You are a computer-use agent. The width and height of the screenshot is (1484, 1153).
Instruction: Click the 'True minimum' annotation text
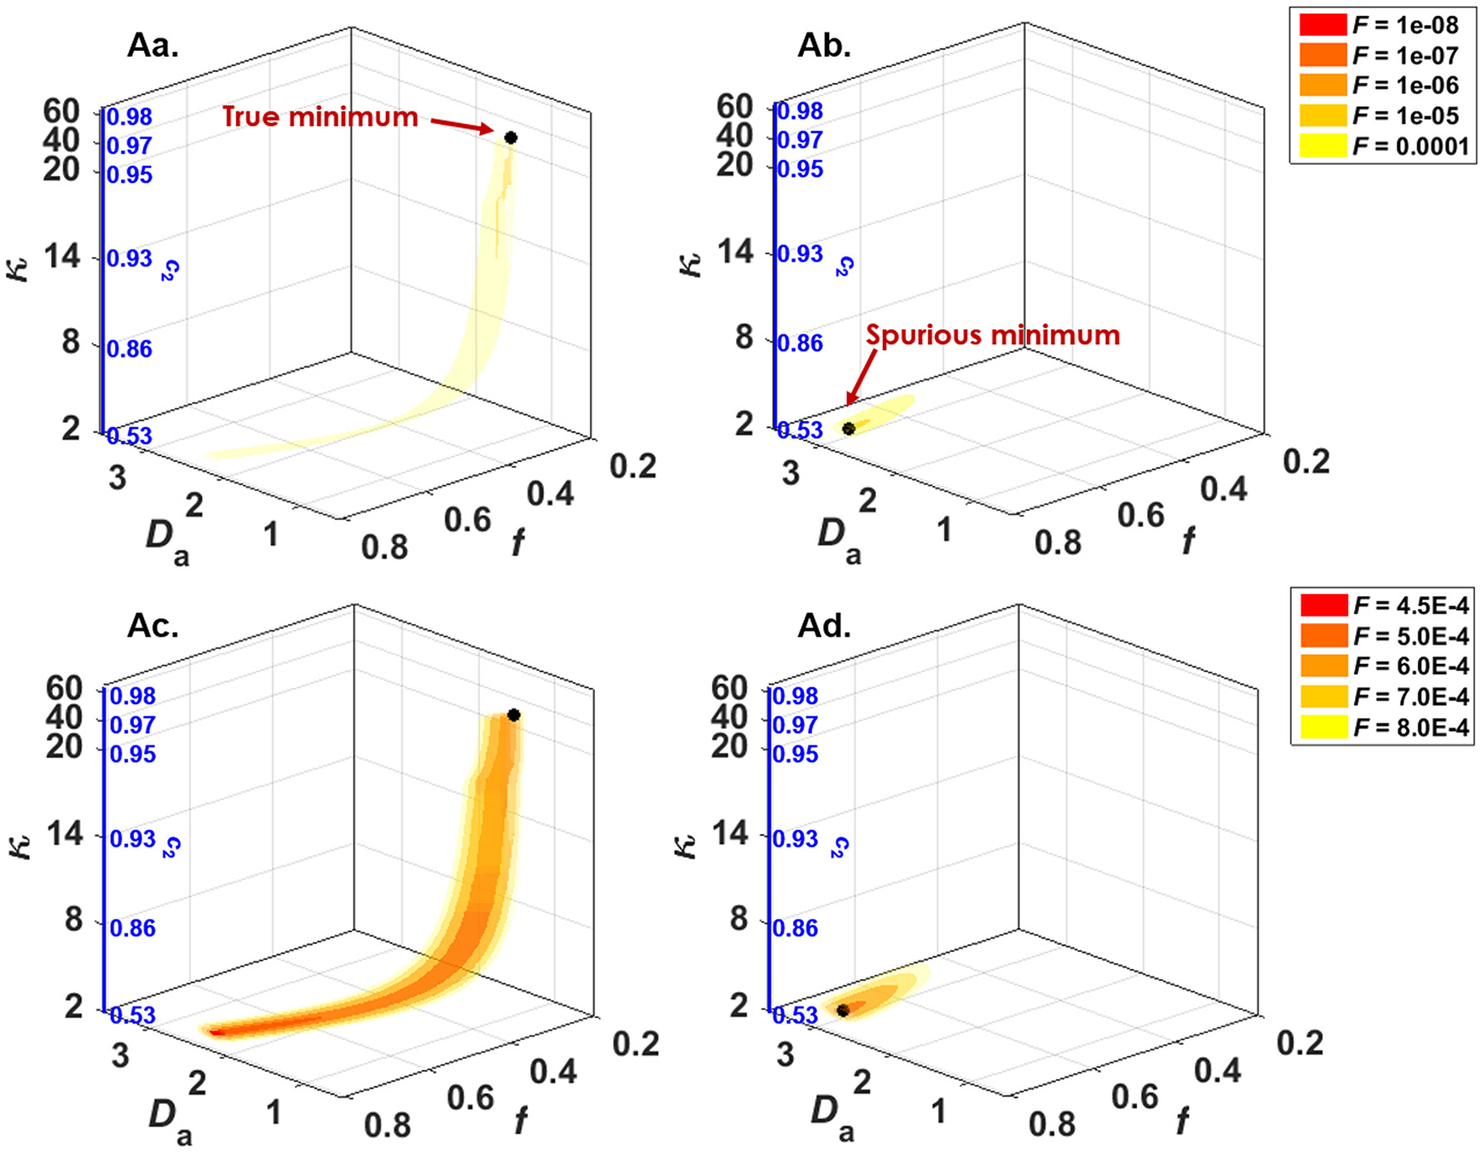pyautogui.click(x=320, y=116)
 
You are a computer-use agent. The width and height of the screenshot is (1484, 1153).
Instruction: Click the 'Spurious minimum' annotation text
pyautogui.click(x=992, y=335)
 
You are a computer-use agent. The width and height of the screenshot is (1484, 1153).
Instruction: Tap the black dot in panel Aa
pyautogui.click(x=511, y=137)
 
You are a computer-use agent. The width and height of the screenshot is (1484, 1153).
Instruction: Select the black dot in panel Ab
pyautogui.click(x=848, y=429)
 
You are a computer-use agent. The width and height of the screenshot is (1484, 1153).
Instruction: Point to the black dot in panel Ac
pyautogui.click(x=513, y=715)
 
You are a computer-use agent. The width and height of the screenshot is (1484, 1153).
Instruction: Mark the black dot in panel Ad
pyautogui.click(x=843, y=1011)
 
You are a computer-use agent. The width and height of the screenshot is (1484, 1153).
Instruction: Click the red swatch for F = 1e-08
pyautogui.click(x=1322, y=25)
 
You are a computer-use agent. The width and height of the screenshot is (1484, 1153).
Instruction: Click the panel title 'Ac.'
pyautogui.click(x=152, y=625)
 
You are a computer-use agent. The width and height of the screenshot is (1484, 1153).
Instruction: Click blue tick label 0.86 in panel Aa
pyautogui.click(x=130, y=348)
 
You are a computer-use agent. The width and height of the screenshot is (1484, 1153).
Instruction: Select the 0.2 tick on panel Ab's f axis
pyautogui.click(x=1306, y=461)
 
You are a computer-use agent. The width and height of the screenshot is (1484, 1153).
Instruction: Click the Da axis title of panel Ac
pyautogui.click(x=170, y=1120)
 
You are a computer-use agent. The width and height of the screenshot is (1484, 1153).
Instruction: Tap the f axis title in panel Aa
pyautogui.click(x=518, y=543)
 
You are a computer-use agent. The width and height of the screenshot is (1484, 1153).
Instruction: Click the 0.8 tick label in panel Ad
pyautogui.click(x=1052, y=1124)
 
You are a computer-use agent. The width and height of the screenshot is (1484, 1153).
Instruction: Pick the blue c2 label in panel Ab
pyautogui.click(x=844, y=266)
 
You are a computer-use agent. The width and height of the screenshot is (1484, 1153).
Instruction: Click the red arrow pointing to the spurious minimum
pyautogui.click(x=862, y=376)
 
